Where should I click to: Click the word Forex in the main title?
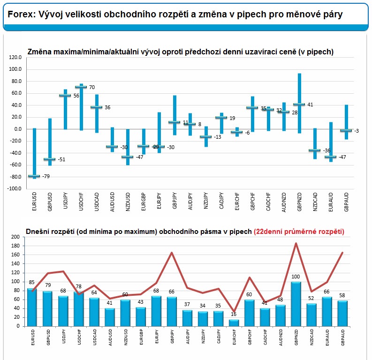(x=21, y=14)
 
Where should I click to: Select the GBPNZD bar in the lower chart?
(x=296, y=304)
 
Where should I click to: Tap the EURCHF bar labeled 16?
(x=234, y=323)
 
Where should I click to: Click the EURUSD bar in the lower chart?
(x=32, y=307)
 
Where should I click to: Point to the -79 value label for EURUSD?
(x=46, y=176)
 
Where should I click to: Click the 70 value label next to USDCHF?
(x=92, y=87)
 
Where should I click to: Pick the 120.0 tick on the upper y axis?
(x=15, y=57)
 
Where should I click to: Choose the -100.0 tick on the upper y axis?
(x=14, y=188)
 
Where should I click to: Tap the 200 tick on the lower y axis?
(x=15, y=237)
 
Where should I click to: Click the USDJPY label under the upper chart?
(x=66, y=201)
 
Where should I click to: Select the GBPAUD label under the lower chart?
(x=342, y=337)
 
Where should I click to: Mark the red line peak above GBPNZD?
(x=296, y=243)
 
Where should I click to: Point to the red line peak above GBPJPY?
(x=172, y=253)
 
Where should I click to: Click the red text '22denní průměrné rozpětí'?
(x=299, y=232)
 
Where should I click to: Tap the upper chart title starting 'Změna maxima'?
(x=181, y=52)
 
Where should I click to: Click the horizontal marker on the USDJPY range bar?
(x=65, y=95)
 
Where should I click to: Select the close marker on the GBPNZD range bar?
(x=299, y=104)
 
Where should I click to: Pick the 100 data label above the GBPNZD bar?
(x=296, y=277)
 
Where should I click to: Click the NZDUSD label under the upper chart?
(x=128, y=202)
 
